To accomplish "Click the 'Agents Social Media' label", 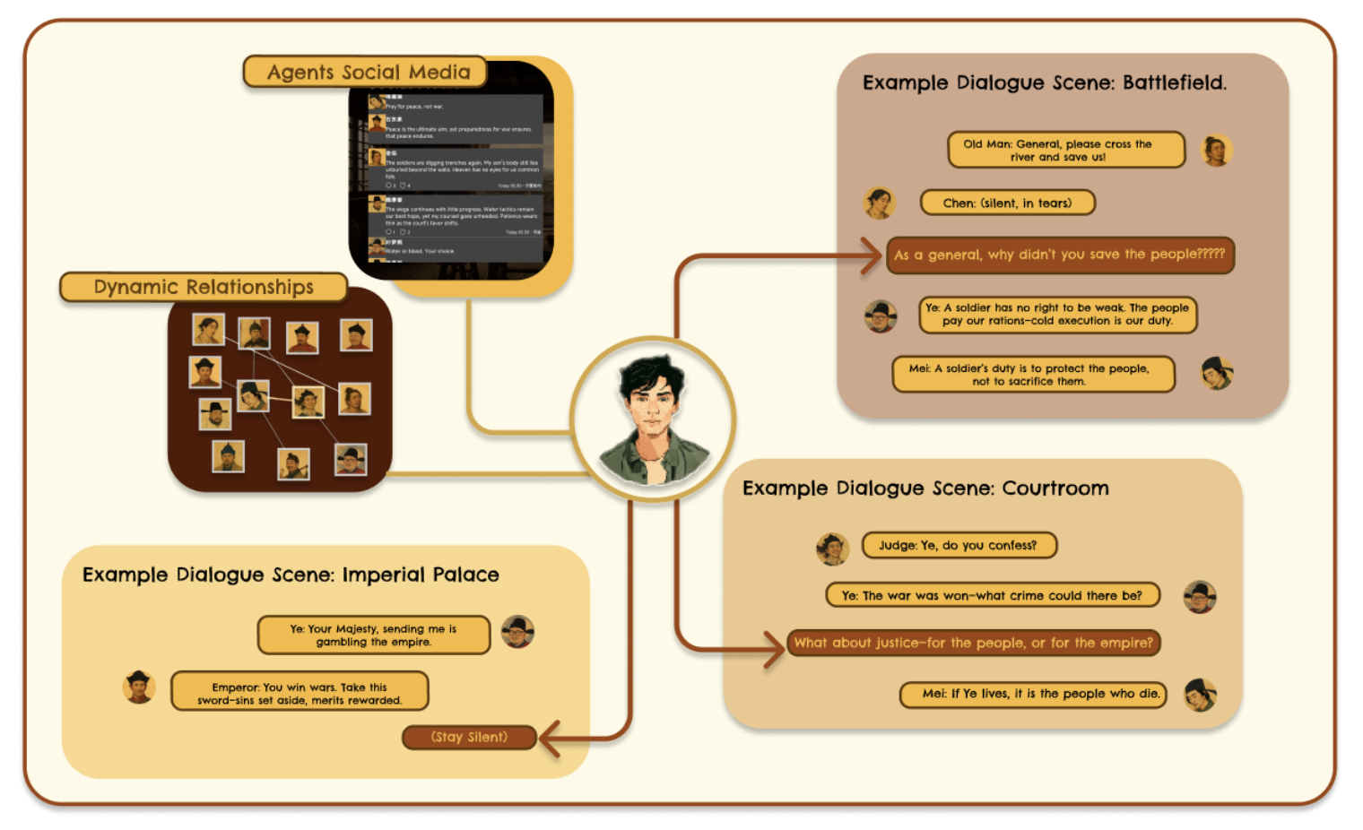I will (368, 72).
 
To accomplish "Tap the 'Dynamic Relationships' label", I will (204, 287).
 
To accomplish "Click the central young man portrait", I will (653, 419).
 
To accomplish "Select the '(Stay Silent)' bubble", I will (469, 737).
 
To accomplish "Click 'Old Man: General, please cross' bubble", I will (1065, 150).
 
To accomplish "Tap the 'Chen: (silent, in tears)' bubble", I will (1007, 203).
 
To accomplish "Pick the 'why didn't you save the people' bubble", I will (1059, 255).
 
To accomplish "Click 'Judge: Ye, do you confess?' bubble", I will (958, 545).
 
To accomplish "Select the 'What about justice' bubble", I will (973, 643).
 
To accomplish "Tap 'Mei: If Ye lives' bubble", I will (1033, 694).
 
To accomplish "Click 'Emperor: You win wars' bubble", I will (300, 693).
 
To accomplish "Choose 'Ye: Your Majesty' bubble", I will (373, 635).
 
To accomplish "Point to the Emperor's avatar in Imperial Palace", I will (139, 687).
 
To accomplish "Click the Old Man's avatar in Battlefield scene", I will (1216, 151).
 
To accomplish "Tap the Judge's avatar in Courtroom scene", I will (832, 548).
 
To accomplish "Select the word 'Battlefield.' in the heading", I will (1174, 82).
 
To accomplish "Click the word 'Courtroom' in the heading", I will (1055, 488).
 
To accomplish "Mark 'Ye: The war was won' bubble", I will (992, 595).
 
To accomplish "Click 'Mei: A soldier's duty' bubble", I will (1033, 375).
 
